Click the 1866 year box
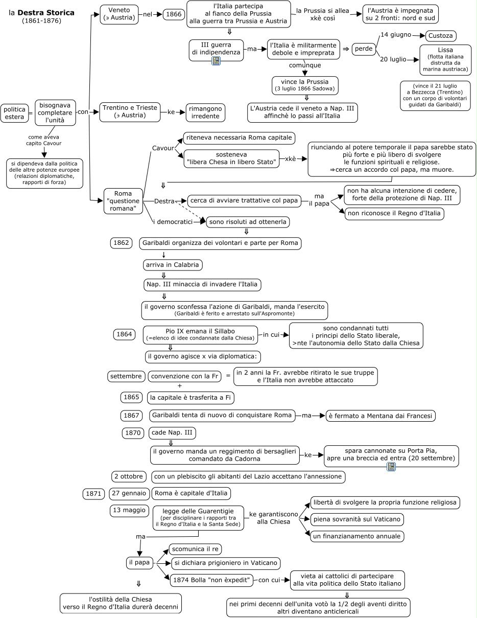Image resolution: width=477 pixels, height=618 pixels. coord(173,15)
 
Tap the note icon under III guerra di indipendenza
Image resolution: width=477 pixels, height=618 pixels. coord(216,61)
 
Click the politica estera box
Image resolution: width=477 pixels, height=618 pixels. coord(14,113)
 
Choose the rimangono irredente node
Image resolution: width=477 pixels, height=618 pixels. coord(205,112)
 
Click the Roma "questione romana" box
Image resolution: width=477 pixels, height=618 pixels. coord(123,201)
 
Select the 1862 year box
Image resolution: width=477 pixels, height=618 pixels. coord(121,243)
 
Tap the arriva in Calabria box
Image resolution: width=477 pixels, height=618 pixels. coord(173,265)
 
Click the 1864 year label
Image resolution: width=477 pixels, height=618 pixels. coord(124,335)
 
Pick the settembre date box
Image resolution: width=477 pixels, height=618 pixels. coord(126,377)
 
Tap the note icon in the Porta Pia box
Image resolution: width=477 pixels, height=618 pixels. coord(391,466)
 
